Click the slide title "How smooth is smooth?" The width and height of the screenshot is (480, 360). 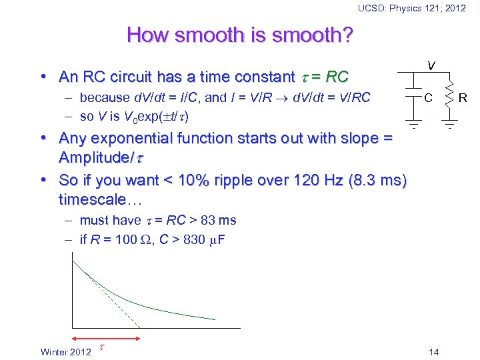coord(239,35)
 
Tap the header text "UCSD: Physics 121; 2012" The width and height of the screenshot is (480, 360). coord(411,8)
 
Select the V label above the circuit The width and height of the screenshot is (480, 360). coord(432,65)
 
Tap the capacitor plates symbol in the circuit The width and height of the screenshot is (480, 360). coord(414,98)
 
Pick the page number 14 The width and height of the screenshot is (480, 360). coord(434,351)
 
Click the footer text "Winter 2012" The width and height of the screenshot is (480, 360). coord(66,351)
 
